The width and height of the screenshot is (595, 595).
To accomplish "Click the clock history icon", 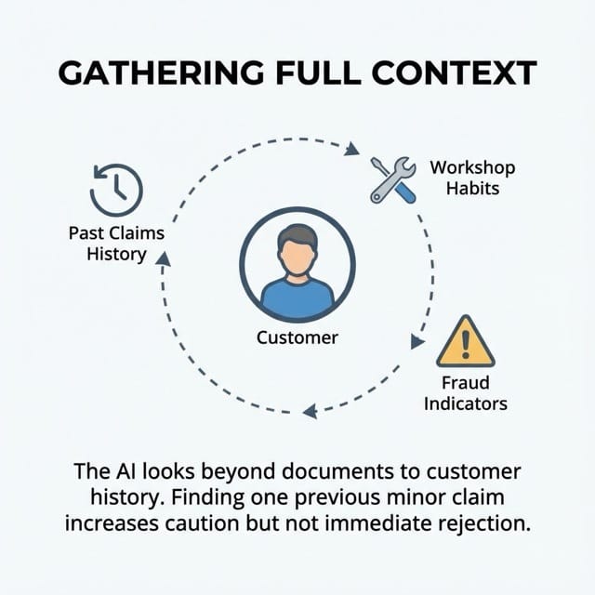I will [x=116, y=189].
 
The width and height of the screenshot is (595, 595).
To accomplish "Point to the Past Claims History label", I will [x=116, y=243].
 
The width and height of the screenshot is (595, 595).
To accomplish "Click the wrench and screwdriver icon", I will [x=391, y=180].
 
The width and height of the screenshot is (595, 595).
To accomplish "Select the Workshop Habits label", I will [x=471, y=178].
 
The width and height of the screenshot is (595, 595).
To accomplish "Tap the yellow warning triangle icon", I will [x=465, y=341].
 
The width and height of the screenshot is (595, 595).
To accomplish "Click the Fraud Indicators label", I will [x=465, y=393].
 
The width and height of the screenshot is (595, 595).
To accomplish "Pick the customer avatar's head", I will [x=297, y=249].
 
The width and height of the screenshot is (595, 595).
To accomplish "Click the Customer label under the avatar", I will [x=297, y=337].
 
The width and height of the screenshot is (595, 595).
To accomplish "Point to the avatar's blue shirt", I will [x=297, y=297].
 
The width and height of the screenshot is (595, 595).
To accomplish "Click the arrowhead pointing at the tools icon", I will [x=353, y=148].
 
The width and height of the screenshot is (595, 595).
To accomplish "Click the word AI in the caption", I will [x=117, y=472].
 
